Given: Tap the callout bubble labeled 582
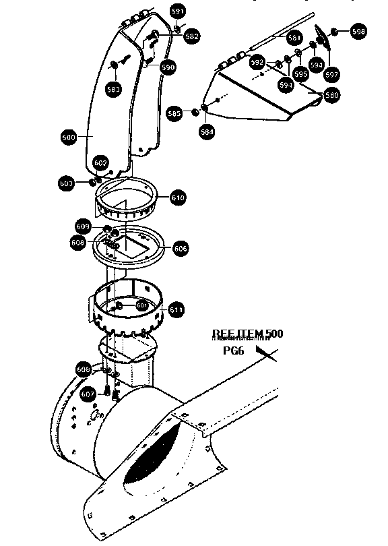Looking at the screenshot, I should (191, 37).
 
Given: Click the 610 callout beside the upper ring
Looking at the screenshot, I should (178, 198).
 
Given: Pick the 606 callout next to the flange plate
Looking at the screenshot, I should (181, 248).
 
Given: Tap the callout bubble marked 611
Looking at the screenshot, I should (176, 310).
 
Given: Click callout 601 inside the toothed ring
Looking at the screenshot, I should (141, 305).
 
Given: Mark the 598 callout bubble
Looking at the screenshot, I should (358, 31).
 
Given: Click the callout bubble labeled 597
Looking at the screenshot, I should (331, 74).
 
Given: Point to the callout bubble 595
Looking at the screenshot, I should (300, 74).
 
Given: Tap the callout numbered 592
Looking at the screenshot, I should (257, 62).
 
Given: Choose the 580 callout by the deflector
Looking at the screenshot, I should (331, 95).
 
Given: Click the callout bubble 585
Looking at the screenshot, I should (174, 113).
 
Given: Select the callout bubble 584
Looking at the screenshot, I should (207, 132).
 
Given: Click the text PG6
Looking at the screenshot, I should (234, 351).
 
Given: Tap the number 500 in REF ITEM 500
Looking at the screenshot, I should (273, 334).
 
